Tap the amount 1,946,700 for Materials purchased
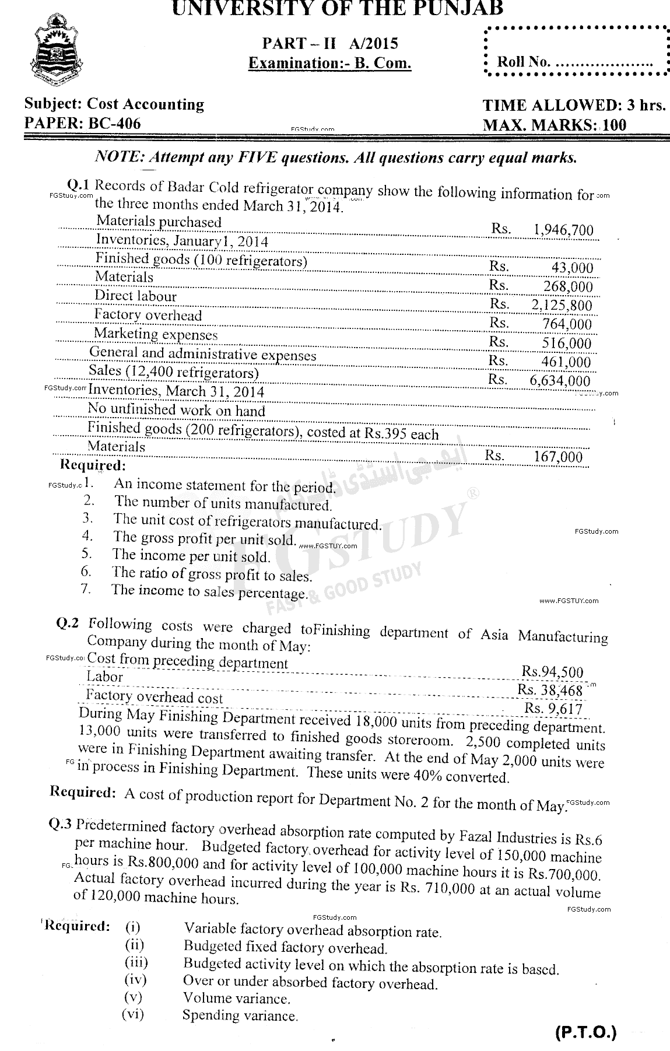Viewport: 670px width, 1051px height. click(563, 230)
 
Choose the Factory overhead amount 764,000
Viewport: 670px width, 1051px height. click(566, 324)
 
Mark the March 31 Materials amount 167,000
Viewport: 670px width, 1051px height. click(558, 456)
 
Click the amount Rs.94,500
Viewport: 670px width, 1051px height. click(552, 672)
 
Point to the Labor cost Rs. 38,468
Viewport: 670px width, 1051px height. click(550, 690)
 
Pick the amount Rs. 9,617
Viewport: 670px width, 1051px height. click(553, 708)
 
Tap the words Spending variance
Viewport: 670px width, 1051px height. click(240, 1015)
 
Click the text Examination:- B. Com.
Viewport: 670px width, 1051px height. click(329, 63)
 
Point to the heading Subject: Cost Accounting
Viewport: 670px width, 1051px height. click(114, 104)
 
